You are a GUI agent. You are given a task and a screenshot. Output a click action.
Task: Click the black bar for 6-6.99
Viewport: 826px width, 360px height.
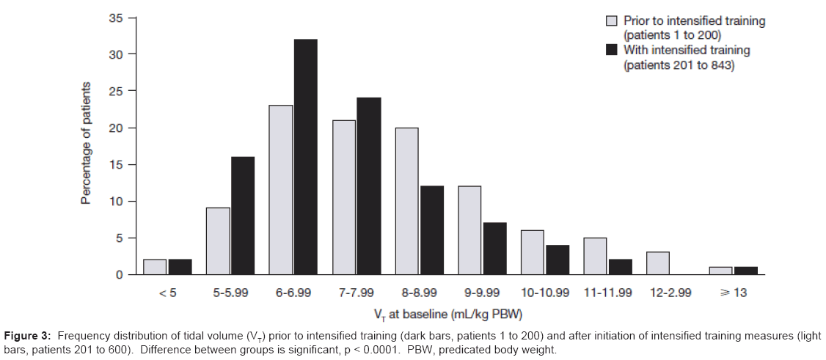point(306,157)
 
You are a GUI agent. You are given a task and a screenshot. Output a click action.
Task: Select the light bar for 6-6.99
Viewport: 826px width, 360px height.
point(281,190)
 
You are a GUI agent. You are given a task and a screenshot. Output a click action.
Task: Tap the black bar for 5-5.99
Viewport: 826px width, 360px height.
point(243,216)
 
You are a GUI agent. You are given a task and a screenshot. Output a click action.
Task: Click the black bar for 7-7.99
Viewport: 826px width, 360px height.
point(369,186)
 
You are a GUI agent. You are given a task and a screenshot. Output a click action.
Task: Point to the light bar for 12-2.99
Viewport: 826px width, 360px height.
point(658,263)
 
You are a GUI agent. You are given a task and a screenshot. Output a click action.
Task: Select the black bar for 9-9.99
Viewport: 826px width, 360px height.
point(494,249)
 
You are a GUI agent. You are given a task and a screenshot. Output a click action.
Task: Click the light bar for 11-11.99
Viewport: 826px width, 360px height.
point(596,256)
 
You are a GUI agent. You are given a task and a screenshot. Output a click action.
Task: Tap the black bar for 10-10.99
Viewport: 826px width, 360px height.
point(558,260)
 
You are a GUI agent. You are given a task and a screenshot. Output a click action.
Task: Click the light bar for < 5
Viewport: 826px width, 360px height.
point(156,267)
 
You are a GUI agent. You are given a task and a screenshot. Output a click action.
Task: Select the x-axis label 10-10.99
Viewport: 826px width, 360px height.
point(545,292)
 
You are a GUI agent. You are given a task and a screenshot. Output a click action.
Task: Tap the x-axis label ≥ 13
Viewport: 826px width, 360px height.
point(734,292)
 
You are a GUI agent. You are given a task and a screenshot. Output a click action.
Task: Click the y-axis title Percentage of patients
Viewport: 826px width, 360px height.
point(87,143)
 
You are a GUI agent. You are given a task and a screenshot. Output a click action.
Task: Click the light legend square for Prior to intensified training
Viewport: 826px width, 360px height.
point(611,21)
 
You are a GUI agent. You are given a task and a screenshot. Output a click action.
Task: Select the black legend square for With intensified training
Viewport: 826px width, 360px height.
point(611,51)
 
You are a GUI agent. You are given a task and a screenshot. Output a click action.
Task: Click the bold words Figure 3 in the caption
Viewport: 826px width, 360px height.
point(28,336)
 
